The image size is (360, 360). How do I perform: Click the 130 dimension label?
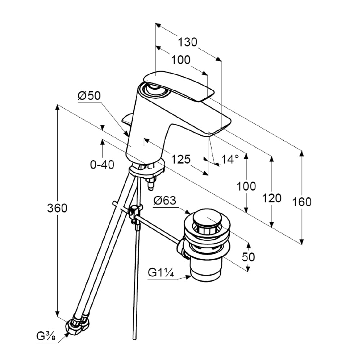click(x=187, y=42)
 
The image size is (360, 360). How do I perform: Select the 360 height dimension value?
click(x=57, y=208)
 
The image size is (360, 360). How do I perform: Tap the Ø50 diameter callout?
click(x=89, y=95)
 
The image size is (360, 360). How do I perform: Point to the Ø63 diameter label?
click(x=165, y=201)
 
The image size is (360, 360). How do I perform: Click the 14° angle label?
click(x=230, y=159)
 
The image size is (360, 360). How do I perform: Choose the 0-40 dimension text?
click(x=102, y=165)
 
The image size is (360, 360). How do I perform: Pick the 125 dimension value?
click(x=181, y=159)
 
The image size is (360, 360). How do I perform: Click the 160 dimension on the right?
click(x=302, y=202)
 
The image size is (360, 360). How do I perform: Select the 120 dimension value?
click(x=272, y=198)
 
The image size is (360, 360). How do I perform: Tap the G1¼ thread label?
click(x=161, y=273)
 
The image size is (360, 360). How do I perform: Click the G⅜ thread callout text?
click(x=46, y=336)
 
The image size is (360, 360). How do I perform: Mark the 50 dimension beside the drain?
click(x=248, y=257)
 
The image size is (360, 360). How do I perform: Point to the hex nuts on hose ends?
click(x=77, y=324)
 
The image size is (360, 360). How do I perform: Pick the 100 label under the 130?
click(x=181, y=60)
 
